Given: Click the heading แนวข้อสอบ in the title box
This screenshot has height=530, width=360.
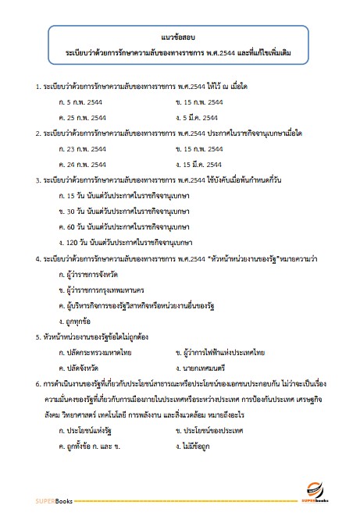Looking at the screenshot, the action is click(180, 36).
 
